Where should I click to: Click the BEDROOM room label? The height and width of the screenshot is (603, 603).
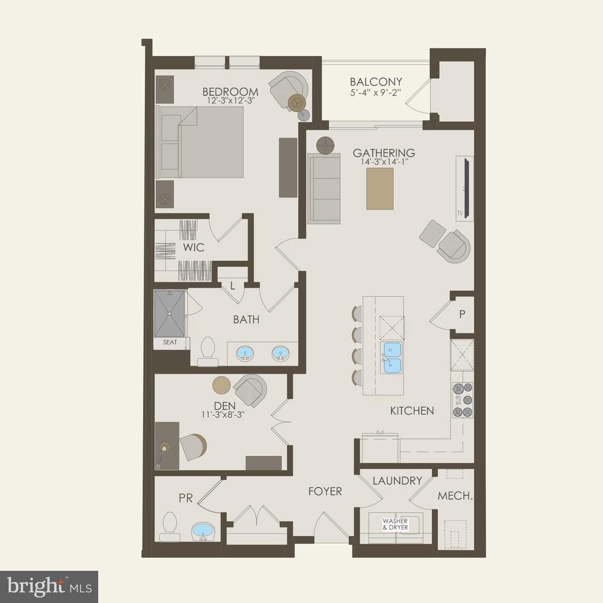click(230, 92)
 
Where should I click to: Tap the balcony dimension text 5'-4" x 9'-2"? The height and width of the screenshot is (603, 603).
click(376, 92)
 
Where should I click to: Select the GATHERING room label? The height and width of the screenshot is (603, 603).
click(384, 152)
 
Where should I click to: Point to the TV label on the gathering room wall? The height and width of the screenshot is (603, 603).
click(459, 213)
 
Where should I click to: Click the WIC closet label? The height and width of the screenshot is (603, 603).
click(193, 247)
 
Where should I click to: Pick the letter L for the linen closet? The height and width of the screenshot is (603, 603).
click(233, 286)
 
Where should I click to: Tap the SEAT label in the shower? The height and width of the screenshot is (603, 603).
click(170, 342)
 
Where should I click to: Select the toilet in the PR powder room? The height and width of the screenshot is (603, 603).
click(170, 527)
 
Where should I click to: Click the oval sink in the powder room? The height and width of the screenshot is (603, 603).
click(203, 531)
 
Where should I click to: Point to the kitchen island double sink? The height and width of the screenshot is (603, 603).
click(391, 358)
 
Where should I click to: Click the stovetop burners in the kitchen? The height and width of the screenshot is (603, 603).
click(463, 400)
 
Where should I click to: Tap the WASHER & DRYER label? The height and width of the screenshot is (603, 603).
click(395, 524)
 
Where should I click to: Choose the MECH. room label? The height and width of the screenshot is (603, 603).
click(455, 496)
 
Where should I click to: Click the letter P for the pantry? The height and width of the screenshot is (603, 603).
click(462, 314)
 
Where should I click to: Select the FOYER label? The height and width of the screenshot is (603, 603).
click(325, 491)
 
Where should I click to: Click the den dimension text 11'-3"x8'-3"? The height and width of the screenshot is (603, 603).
click(223, 415)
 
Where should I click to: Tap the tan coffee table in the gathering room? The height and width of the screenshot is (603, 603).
click(380, 189)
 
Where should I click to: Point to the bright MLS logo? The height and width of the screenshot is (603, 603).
click(49, 587)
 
